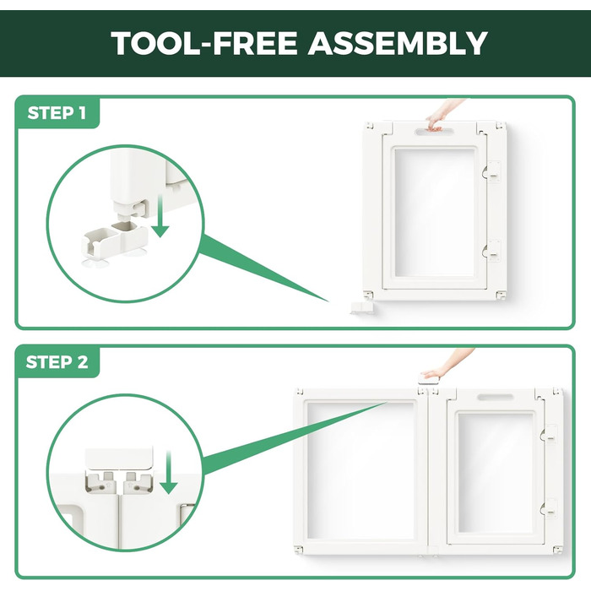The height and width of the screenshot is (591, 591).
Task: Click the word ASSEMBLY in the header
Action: (x=398, y=43)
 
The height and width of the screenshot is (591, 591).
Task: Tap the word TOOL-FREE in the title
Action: (x=204, y=43)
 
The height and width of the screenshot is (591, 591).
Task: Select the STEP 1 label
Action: (x=57, y=112)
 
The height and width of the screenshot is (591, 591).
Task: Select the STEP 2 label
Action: (x=57, y=362)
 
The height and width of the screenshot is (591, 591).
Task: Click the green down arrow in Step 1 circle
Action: (x=161, y=216)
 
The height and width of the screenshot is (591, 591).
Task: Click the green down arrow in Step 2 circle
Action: (x=168, y=472)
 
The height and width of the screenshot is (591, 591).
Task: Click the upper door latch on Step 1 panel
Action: (x=492, y=172)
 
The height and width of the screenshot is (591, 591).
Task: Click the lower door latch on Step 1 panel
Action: (x=492, y=250)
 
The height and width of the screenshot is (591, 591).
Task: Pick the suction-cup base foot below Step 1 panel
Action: (x=362, y=307)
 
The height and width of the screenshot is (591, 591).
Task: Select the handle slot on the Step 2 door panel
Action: (x=496, y=398)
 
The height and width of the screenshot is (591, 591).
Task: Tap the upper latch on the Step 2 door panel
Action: (x=549, y=435)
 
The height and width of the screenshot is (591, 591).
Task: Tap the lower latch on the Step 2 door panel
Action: (x=549, y=508)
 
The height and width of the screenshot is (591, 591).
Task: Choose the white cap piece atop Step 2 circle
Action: (x=120, y=457)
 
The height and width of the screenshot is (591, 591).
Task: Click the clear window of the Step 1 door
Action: (x=436, y=213)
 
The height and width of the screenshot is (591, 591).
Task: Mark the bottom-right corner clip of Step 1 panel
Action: (x=501, y=295)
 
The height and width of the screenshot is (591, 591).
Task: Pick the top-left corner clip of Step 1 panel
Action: (x=369, y=127)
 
